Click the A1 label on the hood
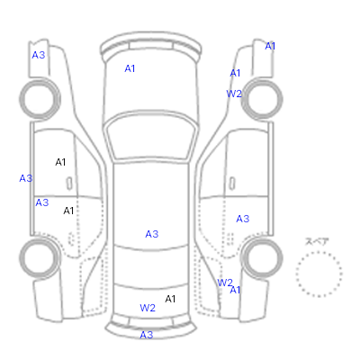click(130, 68)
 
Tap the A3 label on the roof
click(152, 234)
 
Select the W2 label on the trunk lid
click(148, 308)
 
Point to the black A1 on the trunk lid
click(170, 299)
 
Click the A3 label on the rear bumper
click(147, 335)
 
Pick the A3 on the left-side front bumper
click(39, 55)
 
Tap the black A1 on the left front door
click(60, 162)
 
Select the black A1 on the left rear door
click(68, 211)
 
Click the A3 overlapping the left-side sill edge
click(26, 178)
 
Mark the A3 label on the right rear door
click(243, 219)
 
